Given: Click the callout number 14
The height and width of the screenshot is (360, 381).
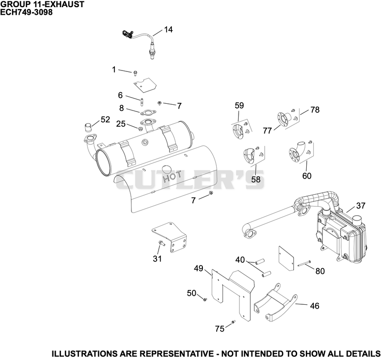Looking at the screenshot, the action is coord(169,30).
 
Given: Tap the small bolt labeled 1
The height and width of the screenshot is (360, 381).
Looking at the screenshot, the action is coord(135,73).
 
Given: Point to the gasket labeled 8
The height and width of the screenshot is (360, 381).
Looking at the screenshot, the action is coord(148,112).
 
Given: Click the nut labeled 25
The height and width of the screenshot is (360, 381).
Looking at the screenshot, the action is coord(140,128).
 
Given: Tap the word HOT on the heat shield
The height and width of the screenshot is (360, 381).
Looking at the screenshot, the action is coord(172,177).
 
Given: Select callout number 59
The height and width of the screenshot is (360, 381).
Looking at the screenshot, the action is coord(240,105).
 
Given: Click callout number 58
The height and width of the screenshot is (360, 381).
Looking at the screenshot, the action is coord(256,180).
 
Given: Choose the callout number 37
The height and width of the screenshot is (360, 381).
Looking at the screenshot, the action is coord(361,206).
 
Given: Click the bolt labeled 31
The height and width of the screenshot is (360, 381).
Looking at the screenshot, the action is coord(161,243).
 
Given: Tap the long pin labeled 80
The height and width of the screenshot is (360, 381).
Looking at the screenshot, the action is coord(304,263).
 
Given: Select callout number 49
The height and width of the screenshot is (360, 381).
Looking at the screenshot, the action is coord(199,269).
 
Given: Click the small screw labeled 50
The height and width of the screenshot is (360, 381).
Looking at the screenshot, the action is coord(205,300).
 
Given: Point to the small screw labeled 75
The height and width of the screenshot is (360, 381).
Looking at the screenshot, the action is coord(233,322).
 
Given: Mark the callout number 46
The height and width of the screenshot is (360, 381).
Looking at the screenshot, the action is coord(315,306).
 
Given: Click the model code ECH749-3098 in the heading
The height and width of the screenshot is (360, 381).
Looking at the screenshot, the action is coord(26,12).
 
